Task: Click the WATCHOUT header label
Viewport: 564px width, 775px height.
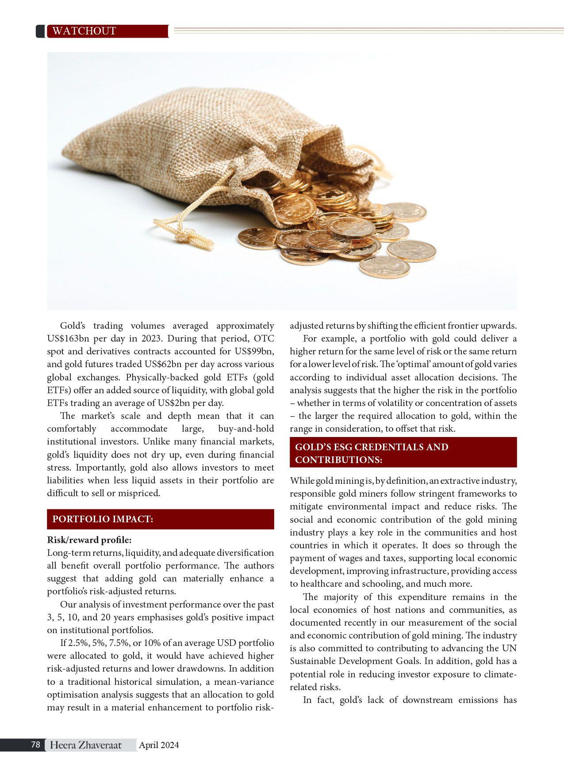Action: [x=84, y=31]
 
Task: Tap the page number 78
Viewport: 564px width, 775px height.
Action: [x=36, y=745]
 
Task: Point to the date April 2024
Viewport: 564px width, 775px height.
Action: [x=159, y=745]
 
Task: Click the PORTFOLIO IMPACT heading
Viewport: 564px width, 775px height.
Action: [x=103, y=519]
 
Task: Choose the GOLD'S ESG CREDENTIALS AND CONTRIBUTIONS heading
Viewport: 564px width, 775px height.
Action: [x=372, y=453]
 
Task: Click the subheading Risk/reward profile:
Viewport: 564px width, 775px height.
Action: [x=89, y=540]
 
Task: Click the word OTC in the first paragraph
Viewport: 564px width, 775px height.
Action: [x=264, y=339]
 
